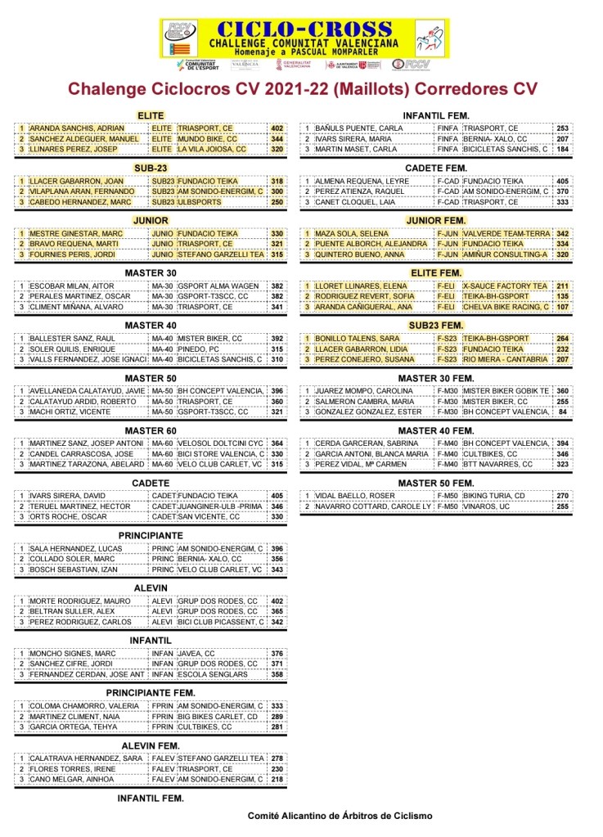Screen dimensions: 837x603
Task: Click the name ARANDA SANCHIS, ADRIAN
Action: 76,128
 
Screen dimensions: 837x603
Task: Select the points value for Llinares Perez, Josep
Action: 277,150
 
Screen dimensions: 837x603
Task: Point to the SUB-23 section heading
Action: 151,168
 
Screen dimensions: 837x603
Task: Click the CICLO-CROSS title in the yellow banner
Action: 304,29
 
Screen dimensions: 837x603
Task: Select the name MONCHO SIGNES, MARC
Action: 72,653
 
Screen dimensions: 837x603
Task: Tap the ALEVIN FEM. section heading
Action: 151,745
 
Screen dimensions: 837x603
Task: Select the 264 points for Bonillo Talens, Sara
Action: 562,338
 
